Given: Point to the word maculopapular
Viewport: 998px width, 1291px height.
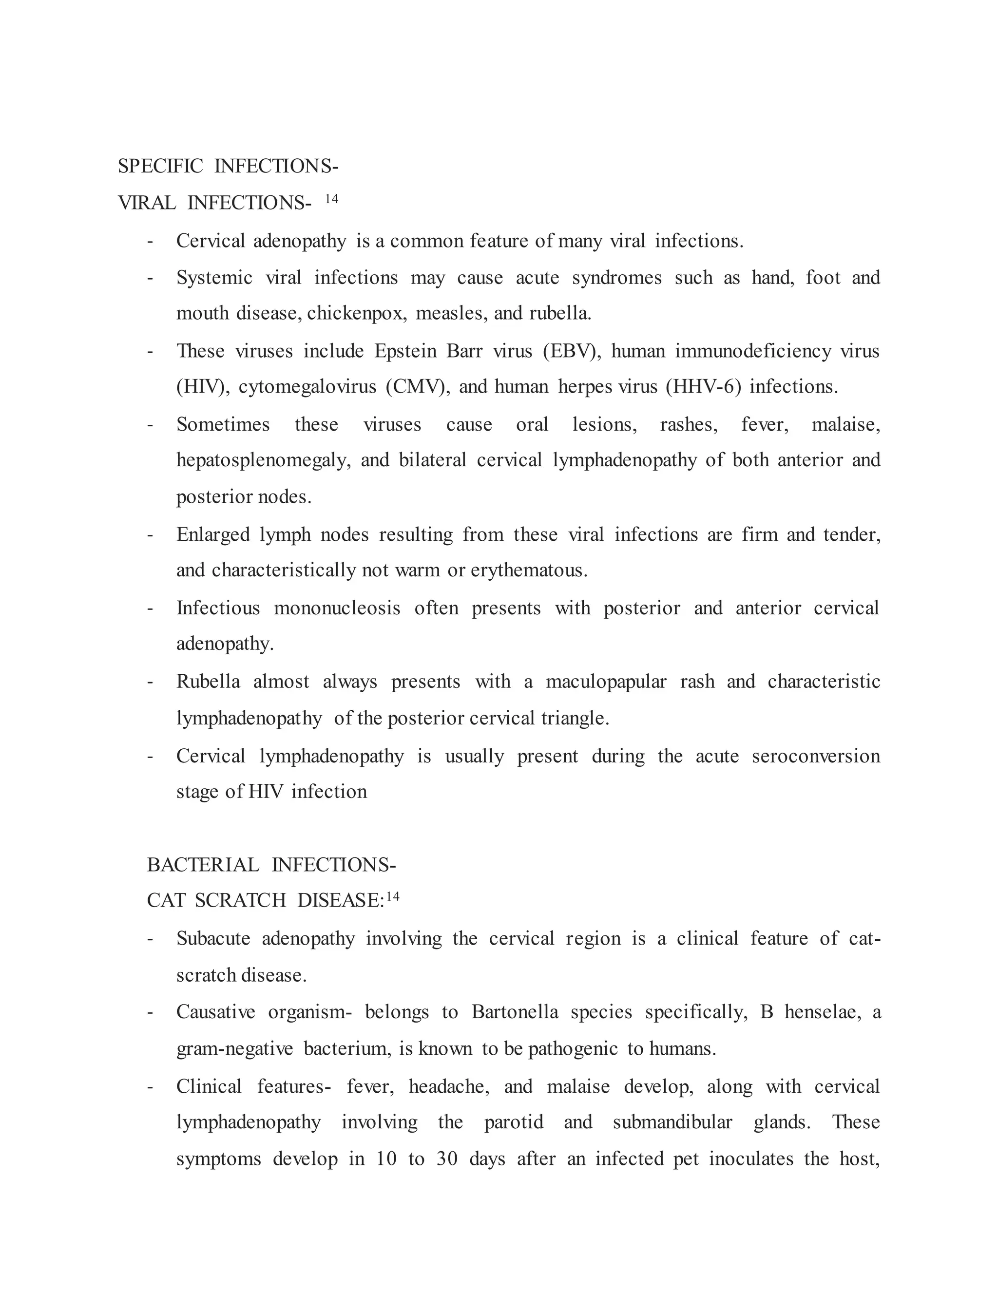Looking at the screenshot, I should pos(606,682).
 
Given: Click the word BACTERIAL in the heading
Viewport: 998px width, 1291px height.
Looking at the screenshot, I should pos(203,865).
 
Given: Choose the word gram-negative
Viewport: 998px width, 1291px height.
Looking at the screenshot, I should pos(235,1049).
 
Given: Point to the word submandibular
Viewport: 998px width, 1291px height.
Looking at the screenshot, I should pos(672,1122).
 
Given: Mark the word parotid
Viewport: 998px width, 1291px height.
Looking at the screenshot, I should pos(513,1122).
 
